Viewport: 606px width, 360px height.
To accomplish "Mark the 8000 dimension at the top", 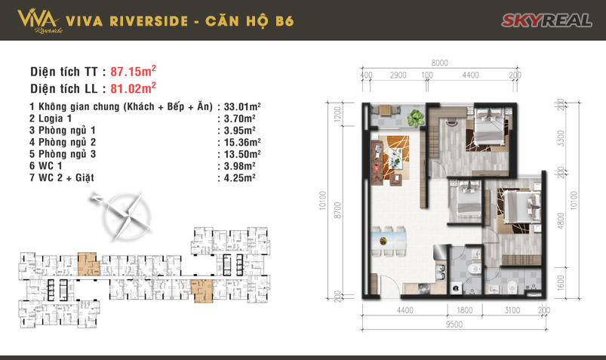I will (440, 63).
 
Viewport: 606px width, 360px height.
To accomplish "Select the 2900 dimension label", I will (399, 76).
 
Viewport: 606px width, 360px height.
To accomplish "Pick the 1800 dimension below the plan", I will (463, 309).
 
